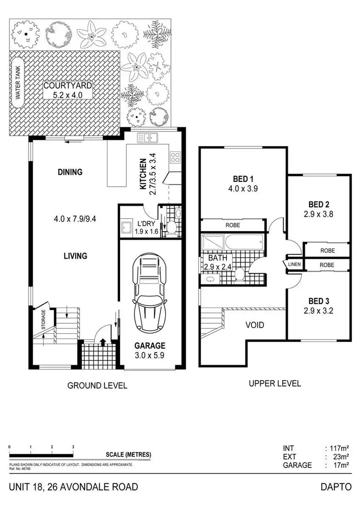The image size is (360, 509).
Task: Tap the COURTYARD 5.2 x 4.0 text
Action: (68, 90)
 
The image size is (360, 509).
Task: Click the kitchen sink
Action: (148, 138)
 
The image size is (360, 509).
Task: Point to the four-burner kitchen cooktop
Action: (175, 156)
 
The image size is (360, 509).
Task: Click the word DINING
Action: (70, 172)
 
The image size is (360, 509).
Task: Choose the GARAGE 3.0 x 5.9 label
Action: (150, 350)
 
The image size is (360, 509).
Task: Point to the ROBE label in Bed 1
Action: (232, 225)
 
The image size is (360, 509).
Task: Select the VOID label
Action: (254, 325)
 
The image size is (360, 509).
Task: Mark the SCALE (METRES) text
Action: (128, 455)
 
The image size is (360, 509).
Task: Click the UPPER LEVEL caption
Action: (275, 383)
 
